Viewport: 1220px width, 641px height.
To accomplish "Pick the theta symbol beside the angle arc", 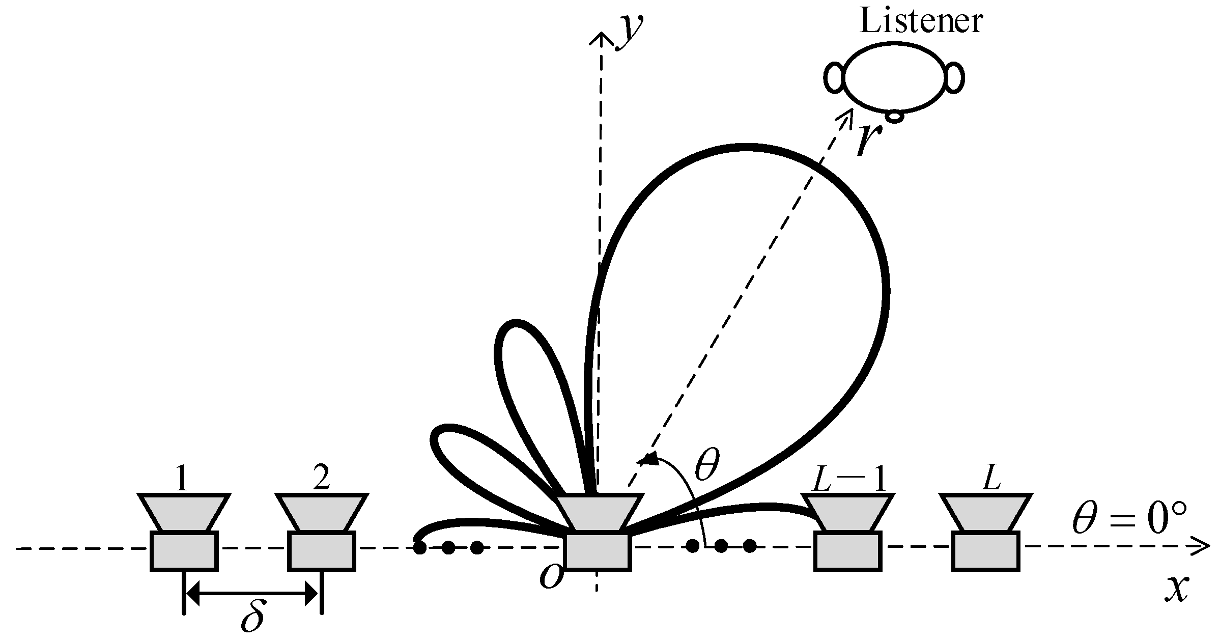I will (x=707, y=464).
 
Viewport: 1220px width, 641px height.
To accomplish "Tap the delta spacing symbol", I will (x=253, y=617).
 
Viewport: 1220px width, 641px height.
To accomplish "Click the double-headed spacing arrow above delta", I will (x=252, y=593).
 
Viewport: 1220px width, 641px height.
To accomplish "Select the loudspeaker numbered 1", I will (x=184, y=532).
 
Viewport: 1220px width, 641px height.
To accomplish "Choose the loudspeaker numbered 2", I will (x=321, y=532).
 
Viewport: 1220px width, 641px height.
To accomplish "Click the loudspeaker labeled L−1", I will (x=847, y=532).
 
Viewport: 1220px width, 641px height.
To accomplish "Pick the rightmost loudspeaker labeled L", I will (x=986, y=532).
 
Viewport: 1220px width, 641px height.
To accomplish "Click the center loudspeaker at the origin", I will (x=599, y=532).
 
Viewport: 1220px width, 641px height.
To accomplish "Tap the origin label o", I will (x=551, y=577).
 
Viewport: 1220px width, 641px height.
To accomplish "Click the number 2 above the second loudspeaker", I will (x=321, y=479).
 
